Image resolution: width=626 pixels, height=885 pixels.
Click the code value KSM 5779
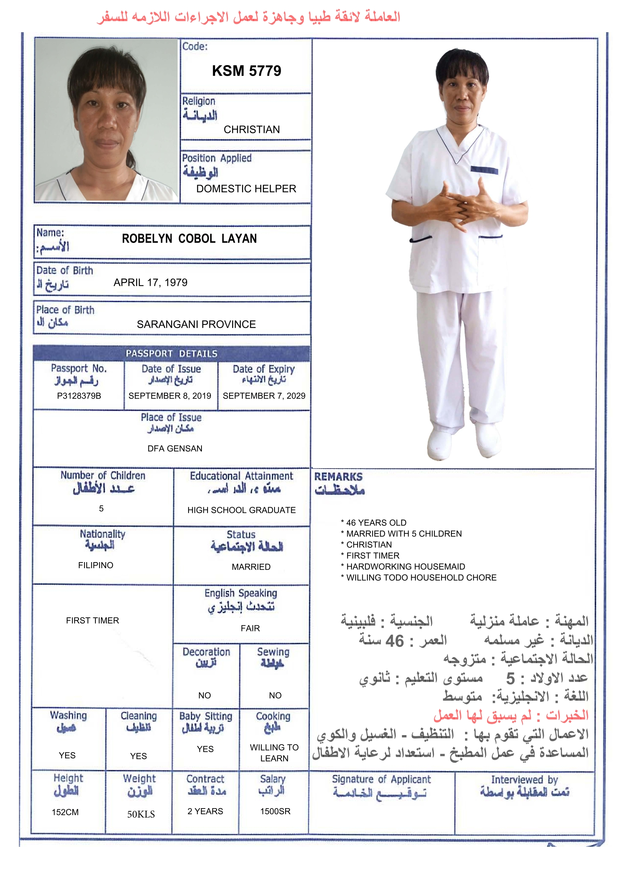click(247, 71)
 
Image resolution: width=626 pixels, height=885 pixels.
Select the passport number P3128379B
click(79, 396)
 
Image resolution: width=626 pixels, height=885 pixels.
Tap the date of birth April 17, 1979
click(150, 282)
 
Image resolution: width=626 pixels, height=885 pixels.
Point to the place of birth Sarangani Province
click(196, 324)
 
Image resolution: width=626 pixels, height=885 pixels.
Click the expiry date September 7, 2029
click(264, 396)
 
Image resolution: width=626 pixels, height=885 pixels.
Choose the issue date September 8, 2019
click(170, 396)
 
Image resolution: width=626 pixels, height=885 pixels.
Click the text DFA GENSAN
click(175, 448)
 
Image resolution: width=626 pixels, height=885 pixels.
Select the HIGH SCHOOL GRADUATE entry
click(242, 510)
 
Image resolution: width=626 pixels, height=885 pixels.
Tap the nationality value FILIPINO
click(96, 565)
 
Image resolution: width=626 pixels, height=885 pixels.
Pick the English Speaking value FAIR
click(250, 628)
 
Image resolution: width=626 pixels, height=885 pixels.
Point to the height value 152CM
click(65, 812)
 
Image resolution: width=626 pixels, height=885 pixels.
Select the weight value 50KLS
click(141, 814)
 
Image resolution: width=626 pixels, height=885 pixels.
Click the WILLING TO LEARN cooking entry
click(274, 753)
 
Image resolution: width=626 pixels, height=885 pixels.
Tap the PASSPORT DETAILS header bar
click(172, 354)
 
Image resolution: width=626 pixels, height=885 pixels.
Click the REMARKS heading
click(338, 477)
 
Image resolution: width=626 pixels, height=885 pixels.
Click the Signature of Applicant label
click(381, 779)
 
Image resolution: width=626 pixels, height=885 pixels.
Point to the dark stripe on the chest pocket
click(484, 170)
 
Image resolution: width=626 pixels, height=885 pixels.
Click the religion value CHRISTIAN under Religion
click(251, 129)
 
